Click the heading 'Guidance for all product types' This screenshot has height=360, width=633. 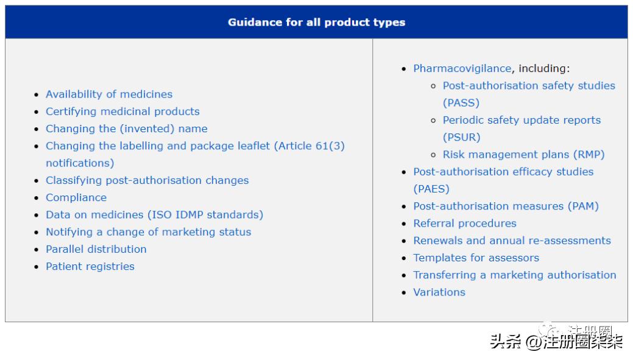[317, 22]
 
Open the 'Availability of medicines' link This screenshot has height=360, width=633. [109, 94]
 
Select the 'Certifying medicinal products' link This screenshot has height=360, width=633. [122, 111]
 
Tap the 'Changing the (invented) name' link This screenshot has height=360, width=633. [126, 129]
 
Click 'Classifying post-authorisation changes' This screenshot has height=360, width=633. [147, 180]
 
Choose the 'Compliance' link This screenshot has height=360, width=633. [76, 198]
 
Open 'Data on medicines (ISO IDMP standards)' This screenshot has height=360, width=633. [155, 214]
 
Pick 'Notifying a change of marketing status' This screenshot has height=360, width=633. [149, 232]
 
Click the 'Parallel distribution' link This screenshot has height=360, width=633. [96, 249]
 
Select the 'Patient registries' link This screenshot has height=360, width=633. [90, 266]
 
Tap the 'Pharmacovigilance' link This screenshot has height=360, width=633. [462, 69]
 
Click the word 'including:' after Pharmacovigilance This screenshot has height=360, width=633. [544, 69]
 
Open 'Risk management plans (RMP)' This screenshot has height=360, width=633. [523, 155]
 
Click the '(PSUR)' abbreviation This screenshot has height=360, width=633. [462, 137]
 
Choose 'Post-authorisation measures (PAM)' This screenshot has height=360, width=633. [506, 206]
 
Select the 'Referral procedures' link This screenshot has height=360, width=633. [465, 224]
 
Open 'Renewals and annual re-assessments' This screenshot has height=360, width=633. [512, 241]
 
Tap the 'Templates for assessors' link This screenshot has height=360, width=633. [476, 258]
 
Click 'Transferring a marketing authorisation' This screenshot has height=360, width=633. [515, 275]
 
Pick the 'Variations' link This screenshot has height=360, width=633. [439, 292]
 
